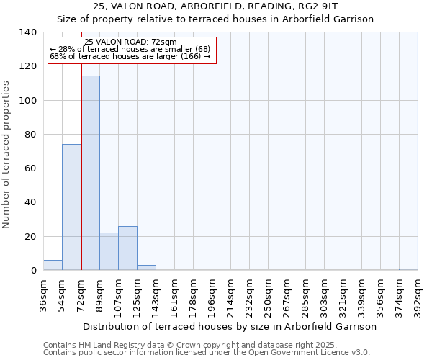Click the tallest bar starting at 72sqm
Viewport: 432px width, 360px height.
click(90, 173)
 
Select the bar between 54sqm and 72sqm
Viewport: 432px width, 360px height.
click(71, 207)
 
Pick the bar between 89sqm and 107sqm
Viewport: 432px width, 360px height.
click(109, 252)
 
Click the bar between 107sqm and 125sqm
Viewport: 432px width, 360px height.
click(127, 248)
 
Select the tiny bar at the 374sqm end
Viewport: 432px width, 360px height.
click(408, 269)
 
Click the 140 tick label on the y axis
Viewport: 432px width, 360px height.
click(28, 32)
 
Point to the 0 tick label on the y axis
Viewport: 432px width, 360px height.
click(34, 271)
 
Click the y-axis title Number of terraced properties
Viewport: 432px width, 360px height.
click(7, 155)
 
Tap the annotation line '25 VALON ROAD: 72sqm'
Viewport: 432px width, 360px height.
click(130, 42)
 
